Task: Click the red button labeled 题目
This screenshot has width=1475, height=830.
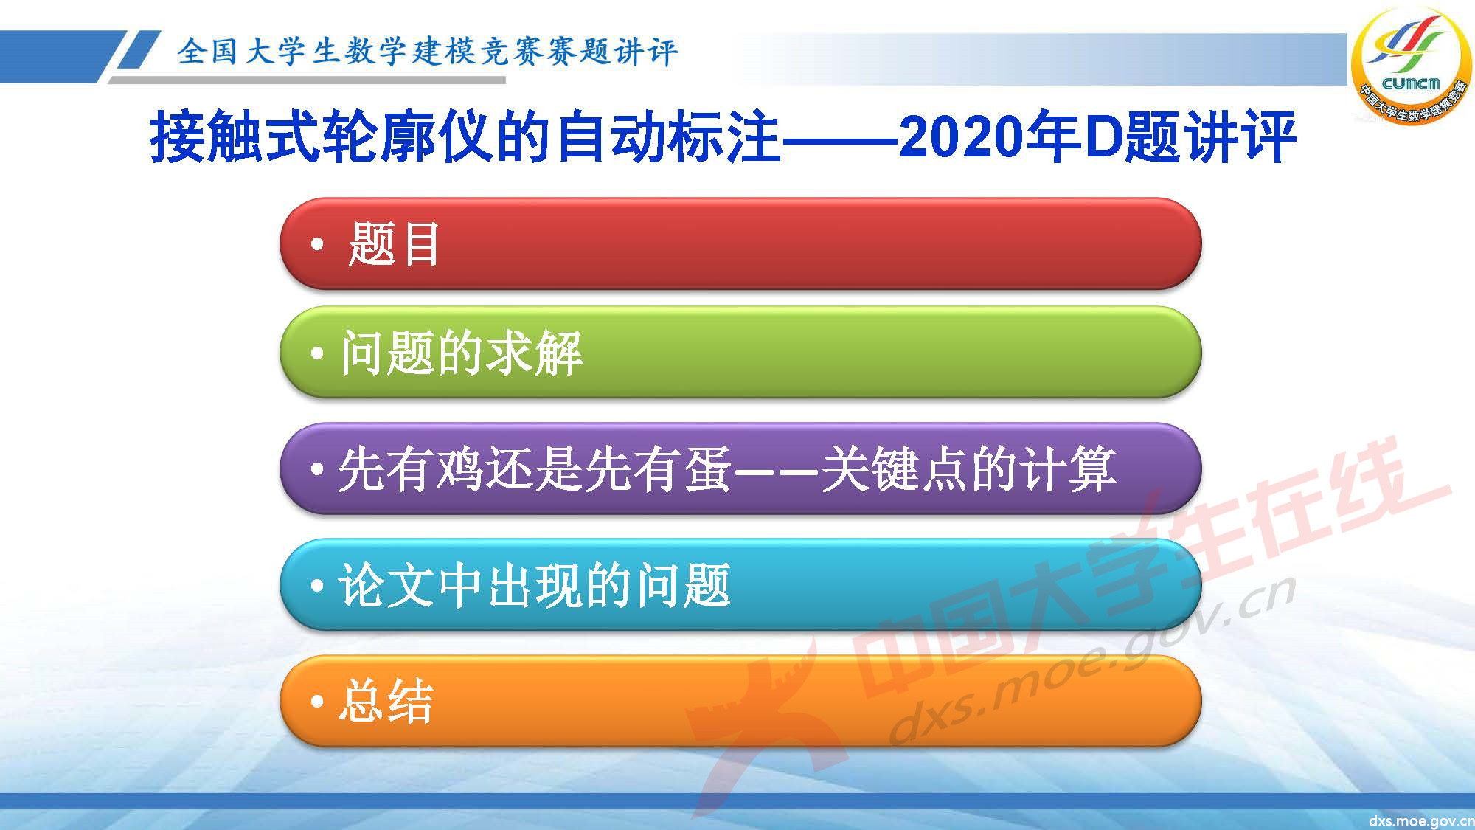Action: [x=740, y=243]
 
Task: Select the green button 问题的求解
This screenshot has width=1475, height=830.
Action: [x=740, y=353]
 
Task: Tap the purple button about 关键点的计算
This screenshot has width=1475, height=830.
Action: [x=740, y=468]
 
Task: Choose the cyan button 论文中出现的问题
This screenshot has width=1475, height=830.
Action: [x=740, y=584]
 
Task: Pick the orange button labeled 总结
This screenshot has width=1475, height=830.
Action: [x=740, y=701]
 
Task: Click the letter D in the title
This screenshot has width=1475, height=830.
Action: [x=1103, y=137]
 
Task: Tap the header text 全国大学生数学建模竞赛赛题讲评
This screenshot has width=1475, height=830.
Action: [x=426, y=52]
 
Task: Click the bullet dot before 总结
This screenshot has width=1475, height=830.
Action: [x=317, y=702]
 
